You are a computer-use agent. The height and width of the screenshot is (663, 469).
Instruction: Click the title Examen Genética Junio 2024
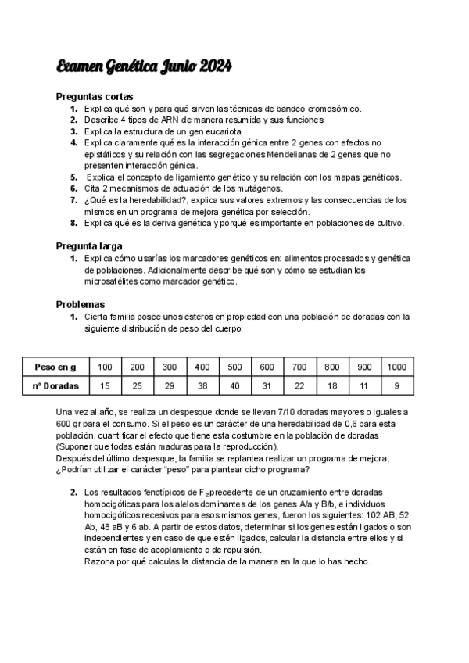pos(144,68)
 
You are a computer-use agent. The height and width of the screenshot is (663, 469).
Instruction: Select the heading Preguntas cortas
pos(95,97)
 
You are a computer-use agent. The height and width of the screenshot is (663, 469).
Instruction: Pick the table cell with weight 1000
pos(396,367)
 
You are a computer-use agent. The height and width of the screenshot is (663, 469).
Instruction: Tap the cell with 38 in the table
pos(202,385)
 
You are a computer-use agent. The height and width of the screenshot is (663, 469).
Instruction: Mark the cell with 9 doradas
pos(396,385)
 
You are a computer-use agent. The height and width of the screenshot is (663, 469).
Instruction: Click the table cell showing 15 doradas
pos(105,385)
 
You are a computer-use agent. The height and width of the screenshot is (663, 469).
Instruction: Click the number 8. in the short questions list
pos(73,223)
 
